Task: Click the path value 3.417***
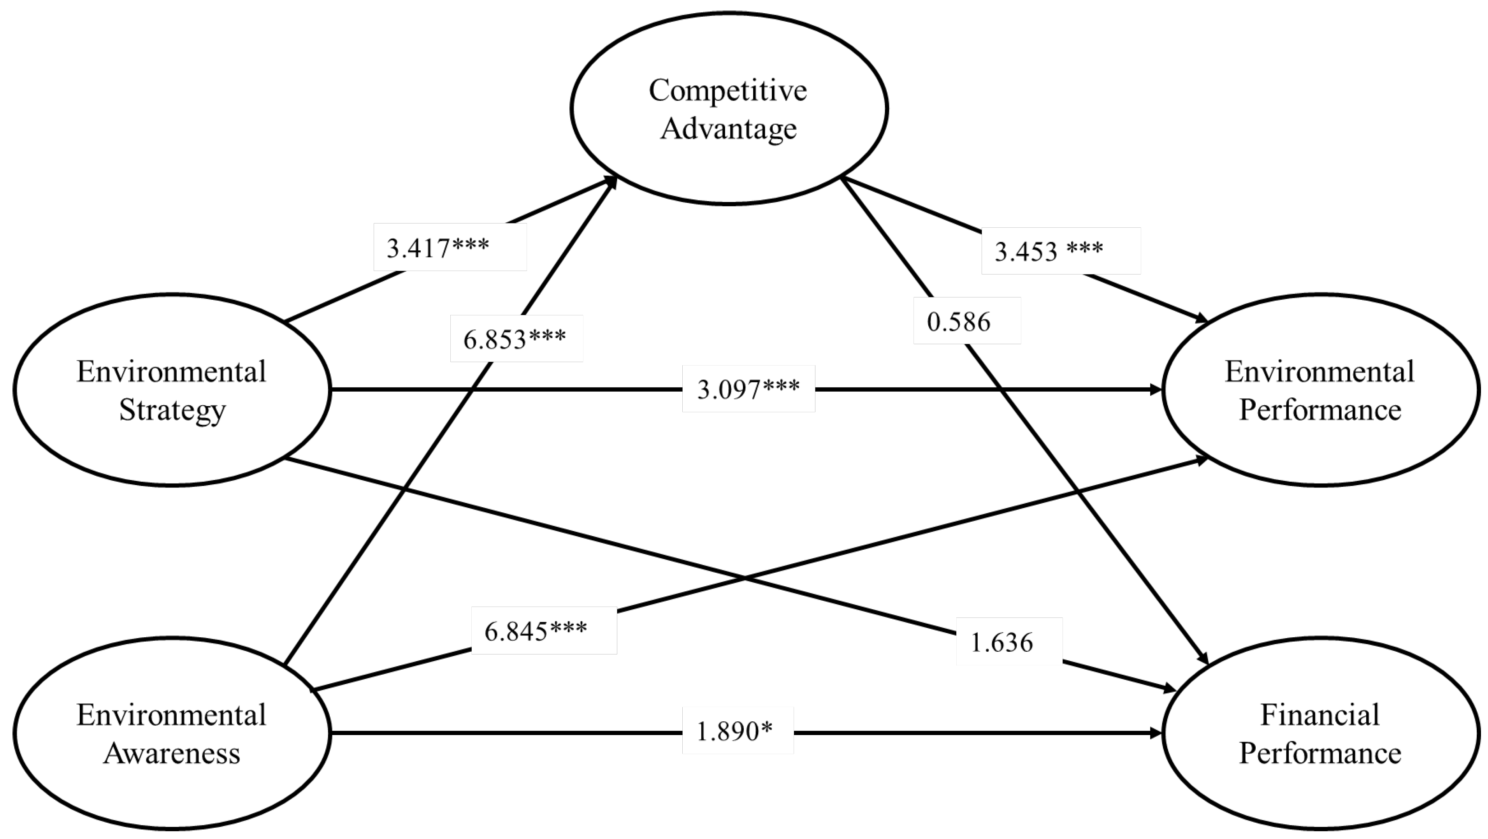click(x=438, y=248)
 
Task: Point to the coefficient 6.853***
click(x=515, y=339)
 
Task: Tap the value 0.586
click(x=959, y=321)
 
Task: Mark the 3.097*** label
click(x=748, y=389)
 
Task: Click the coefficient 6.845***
click(x=536, y=631)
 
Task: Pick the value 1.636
click(x=1001, y=642)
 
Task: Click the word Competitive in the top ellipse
click(x=728, y=90)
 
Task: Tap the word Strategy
click(x=172, y=411)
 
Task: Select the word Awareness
click(x=172, y=753)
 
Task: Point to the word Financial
click(x=1320, y=715)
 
